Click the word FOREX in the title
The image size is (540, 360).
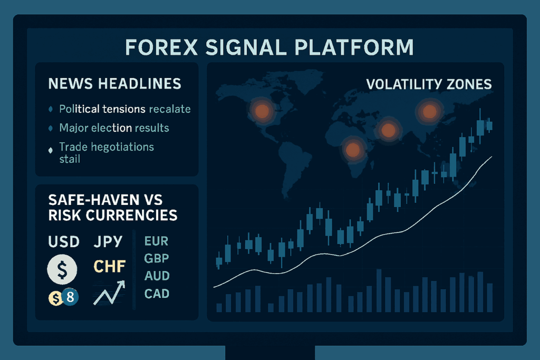(161, 47)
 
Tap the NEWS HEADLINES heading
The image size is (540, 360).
(114, 84)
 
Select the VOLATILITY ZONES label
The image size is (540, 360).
(429, 84)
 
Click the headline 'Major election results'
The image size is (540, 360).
(114, 128)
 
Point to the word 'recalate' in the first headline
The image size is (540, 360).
(170, 109)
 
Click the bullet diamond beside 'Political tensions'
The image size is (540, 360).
(51, 110)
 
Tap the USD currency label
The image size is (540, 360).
(64, 241)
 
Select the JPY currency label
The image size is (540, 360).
(108, 241)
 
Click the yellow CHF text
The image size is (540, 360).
(110, 266)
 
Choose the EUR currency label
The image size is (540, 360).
(156, 241)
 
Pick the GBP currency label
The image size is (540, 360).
(157, 258)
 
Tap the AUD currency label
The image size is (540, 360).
(157, 276)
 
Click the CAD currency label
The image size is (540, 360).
(157, 294)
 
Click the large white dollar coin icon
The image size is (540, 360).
(62, 269)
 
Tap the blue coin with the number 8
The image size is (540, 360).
(70, 297)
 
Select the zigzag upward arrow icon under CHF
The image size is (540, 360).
(109, 293)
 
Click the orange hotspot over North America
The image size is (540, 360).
(262, 111)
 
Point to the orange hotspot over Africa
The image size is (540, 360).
(353, 150)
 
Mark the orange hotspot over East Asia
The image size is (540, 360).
(429, 112)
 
